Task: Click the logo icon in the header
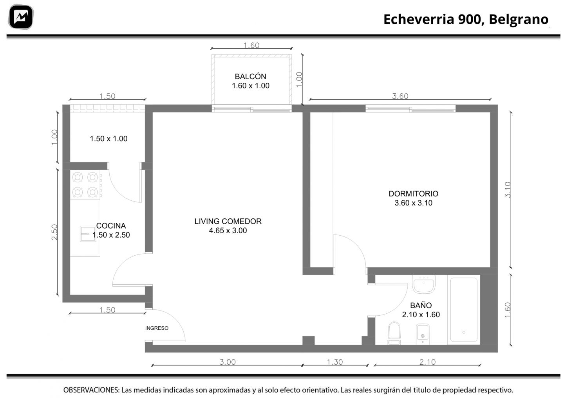[x=21, y=17]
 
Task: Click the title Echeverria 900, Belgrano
[x=466, y=19]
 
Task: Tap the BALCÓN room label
[x=251, y=76]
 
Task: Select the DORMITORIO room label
[x=414, y=194]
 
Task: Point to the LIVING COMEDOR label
[x=228, y=221]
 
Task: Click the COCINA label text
[x=111, y=225]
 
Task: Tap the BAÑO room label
[x=421, y=305]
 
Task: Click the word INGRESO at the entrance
[x=157, y=328]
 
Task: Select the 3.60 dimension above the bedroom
[x=400, y=96]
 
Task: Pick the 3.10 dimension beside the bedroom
[x=508, y=189]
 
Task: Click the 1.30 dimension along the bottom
[x=335, y=362]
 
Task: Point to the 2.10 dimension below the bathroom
[x=428, y=362]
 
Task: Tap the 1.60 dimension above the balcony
[x=251, y=45]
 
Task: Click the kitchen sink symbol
[x=88, y=234]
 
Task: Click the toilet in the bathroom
[x=394, y=333]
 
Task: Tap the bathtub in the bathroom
[x=464, y=310]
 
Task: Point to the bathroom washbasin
[x=424, y=284]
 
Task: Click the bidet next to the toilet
[x=423, y=334]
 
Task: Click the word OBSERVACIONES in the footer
[x=91, y=390]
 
